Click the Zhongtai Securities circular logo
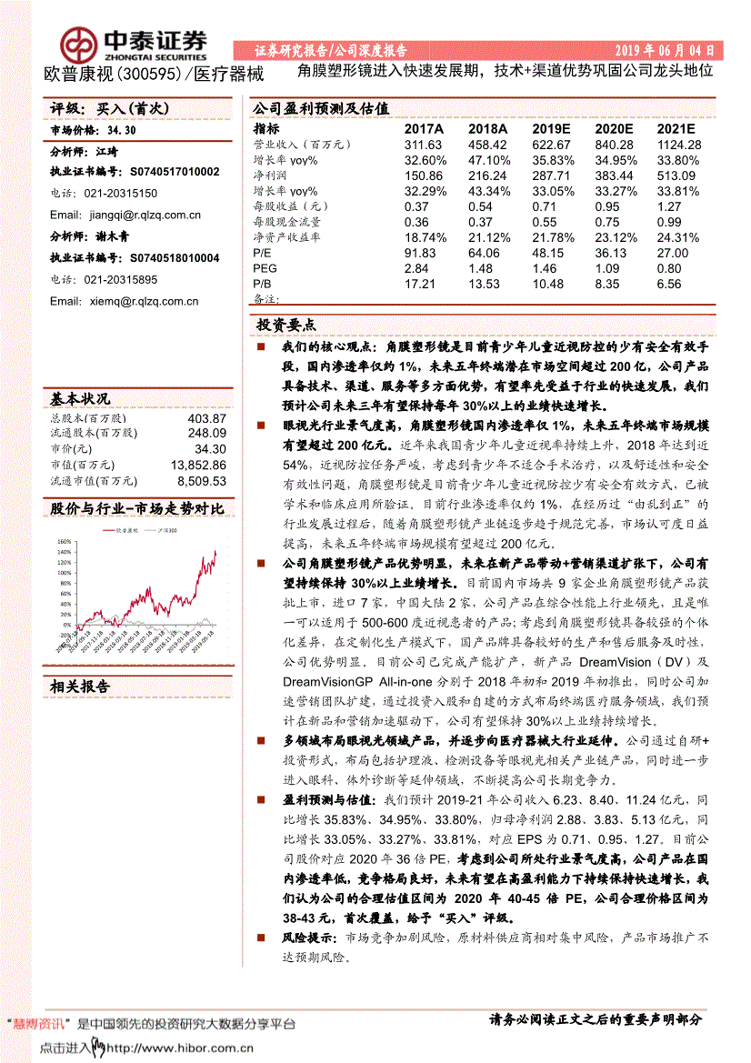click(79, 44)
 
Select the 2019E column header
click(552, 130)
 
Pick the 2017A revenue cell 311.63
click(423, 145)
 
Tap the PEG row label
click(265, 269)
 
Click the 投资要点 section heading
click(286, 324)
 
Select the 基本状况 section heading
click(80, 398)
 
